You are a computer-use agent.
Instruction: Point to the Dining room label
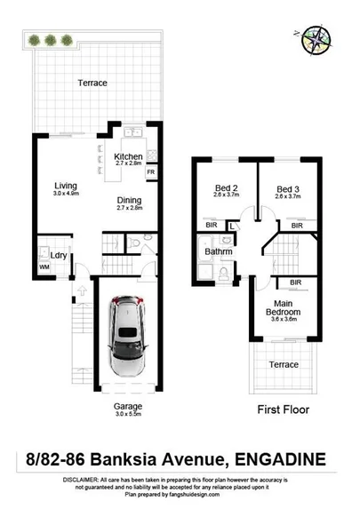(x=130, y=201)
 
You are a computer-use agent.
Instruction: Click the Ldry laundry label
(x=60, y=257)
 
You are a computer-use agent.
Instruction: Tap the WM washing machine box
(x=44, y=266)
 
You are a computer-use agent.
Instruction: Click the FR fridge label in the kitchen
(x=150, y=171)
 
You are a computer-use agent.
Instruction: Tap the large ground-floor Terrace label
(x=92, y=83)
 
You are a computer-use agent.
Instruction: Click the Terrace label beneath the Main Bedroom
(x=284, y=364)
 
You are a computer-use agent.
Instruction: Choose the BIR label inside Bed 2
(x=211, y=227)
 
